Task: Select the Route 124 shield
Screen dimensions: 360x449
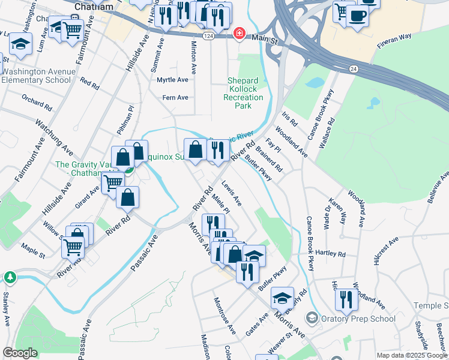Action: (x=206, y=37)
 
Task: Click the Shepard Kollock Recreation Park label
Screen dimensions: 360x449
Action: (x=243, y=93)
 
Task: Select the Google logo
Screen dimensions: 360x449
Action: (x=20, y=353)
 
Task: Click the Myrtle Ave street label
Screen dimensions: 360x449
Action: (x=172, y=80)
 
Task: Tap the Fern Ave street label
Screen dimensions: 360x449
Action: (x=175, y=97)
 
